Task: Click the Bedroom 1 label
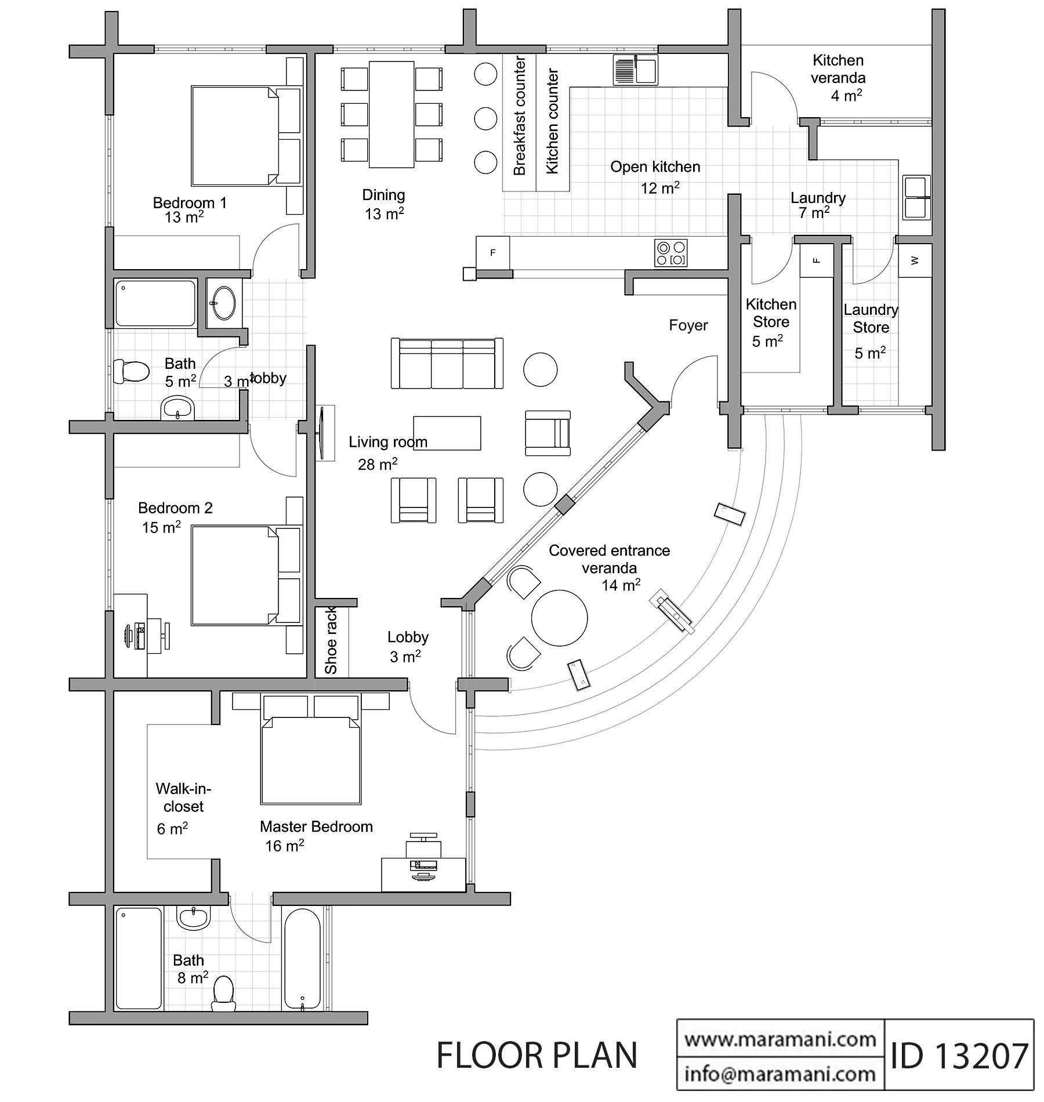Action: (190, 203)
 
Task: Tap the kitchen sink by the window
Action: (635, 70)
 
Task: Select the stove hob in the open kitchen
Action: (670, 253)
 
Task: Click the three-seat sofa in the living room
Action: (447, 364)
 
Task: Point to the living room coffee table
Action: (447, 433)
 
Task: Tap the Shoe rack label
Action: (331, 641)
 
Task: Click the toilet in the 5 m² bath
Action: (131, 371)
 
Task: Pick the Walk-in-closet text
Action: (183, 797)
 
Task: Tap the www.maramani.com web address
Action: (780, 1039)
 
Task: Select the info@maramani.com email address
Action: (780, 1074)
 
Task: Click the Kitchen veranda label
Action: (838, 68)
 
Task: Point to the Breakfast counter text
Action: (520, 116)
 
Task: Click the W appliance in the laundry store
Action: (915, 260)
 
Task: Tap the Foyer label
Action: (688, 325)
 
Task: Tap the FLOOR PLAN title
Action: (536, 1056)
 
